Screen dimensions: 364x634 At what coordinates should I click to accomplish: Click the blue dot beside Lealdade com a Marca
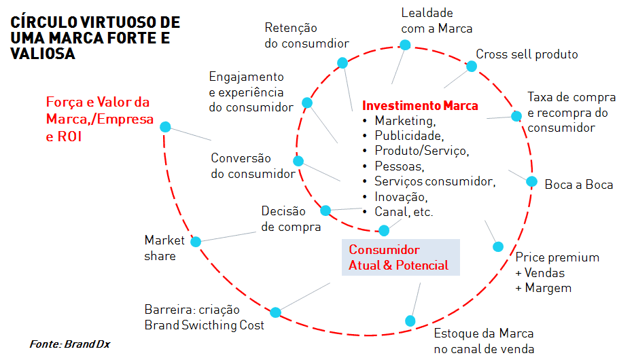[405, 45]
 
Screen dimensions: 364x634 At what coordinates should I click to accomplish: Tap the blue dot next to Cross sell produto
[470, 66]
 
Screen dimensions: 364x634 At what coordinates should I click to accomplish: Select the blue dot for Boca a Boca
[531, 181]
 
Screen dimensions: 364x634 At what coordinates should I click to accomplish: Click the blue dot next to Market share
[196, 241]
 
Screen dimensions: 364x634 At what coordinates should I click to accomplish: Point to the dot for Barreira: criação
[275, 312]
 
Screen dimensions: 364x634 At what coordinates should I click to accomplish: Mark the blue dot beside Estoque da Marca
[410, 320]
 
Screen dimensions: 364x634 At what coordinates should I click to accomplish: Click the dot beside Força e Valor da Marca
[164, 127]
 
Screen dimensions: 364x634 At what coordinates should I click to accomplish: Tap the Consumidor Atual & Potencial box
[400, 257]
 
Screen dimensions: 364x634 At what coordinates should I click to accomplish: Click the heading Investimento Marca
[419, 106]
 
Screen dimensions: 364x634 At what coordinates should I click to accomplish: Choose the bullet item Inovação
[400, 197]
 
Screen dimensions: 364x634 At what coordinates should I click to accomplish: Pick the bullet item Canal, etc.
[404, 212]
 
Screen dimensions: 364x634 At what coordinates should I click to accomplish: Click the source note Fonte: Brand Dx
[69, 344]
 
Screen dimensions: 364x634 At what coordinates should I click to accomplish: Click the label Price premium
[557, 257]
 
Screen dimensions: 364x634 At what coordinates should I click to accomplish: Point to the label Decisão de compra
[291, 219]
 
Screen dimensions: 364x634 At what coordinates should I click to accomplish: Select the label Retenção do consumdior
[306, 35]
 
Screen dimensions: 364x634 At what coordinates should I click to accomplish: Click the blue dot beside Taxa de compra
[516, 116]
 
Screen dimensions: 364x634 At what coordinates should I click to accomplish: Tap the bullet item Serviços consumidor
[435, 181]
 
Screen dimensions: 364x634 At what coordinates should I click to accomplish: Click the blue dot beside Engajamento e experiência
[306, 103]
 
